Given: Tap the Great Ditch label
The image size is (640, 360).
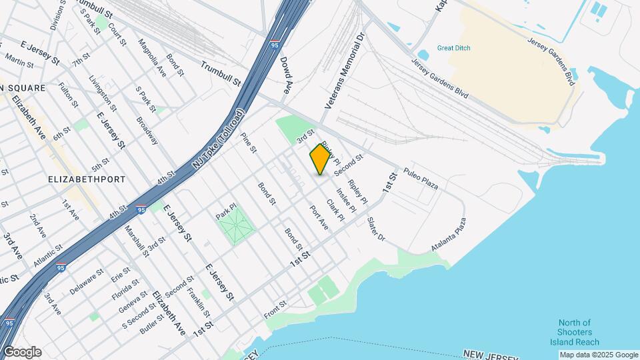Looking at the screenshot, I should (x=453, y=48).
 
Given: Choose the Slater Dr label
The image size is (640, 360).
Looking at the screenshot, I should (x=376, y=229).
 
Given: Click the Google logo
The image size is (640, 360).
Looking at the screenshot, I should (x=22, y=352).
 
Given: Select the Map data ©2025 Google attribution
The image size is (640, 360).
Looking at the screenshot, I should (x=598, y=355).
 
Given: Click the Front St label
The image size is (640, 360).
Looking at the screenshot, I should (x=275, y=309).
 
